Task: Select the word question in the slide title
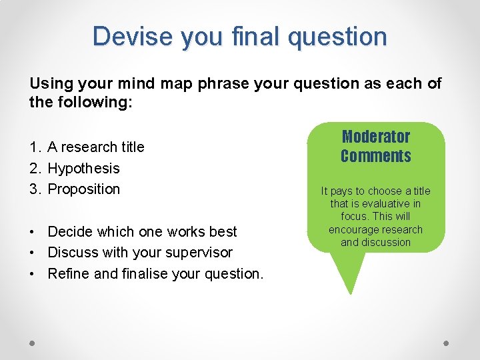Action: tap(337, 37)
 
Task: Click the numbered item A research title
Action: tap(95, 147)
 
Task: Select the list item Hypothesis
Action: tap(83, 168)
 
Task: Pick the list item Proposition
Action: tap(84, 189)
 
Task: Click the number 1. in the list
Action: tap(36, 147)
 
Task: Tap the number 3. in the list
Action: tap(36, 189)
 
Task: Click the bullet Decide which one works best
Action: tap(142, 231)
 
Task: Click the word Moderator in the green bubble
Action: tap(375, 137)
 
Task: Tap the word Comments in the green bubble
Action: tap(375, 156)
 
